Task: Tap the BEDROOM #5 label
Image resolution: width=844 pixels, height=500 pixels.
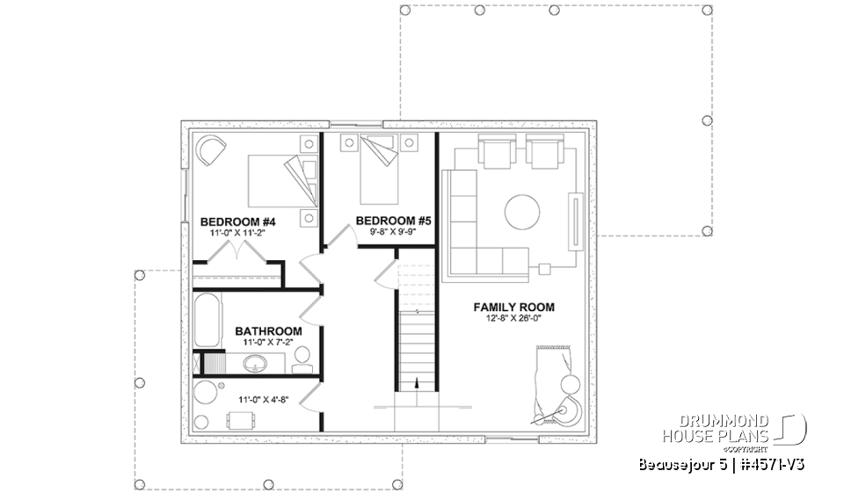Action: coord(393,221)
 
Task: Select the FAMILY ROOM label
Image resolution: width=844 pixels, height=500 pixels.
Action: coord(514,308)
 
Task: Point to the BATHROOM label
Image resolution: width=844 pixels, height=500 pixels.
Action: coord(268,331)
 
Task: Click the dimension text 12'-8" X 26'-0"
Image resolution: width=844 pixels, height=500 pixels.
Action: coord(514,320)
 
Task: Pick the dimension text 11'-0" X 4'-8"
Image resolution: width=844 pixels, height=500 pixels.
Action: coord(264,399)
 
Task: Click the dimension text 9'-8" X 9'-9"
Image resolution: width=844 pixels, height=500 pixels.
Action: coord(393,233)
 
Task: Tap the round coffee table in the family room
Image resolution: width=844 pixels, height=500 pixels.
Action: coord(522,211)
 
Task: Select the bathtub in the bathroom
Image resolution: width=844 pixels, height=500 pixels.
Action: coord(209,322)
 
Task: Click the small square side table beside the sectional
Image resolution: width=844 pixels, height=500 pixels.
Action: coord(545,266)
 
